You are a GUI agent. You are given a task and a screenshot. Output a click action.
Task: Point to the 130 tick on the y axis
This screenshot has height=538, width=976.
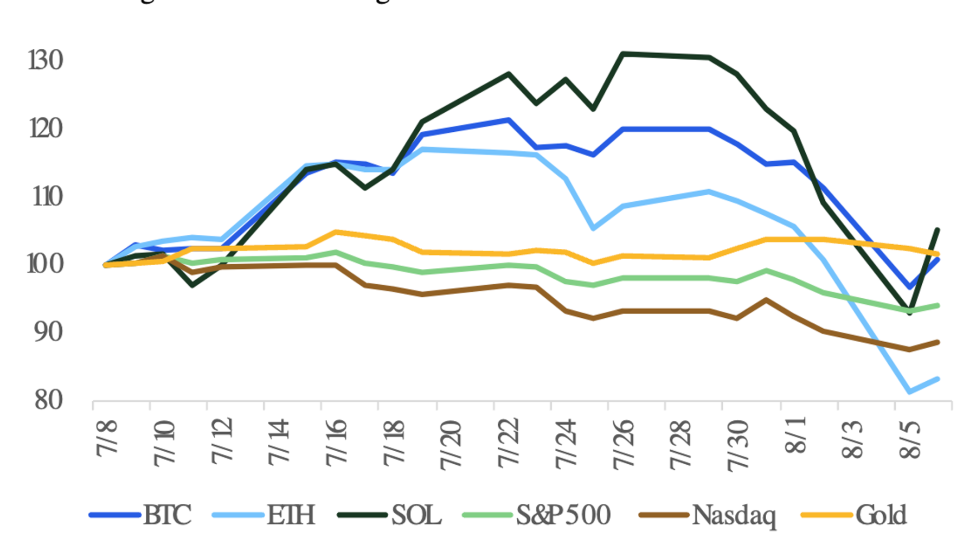[x=46, y=60]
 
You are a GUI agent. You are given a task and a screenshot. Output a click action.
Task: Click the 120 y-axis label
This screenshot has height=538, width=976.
[x=46, y=129]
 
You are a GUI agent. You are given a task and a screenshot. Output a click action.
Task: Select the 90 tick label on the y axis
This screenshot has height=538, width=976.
[x=48, y=332]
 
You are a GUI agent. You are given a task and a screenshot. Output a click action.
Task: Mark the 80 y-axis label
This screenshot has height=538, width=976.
[x=48, y=400]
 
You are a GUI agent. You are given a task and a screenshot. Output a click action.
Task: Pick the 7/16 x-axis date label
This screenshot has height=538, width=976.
[x=336, y=442]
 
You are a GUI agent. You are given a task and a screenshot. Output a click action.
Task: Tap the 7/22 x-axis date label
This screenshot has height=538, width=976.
[x=508, y=442]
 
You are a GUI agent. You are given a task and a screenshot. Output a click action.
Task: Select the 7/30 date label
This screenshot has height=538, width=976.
[x=737, y=445]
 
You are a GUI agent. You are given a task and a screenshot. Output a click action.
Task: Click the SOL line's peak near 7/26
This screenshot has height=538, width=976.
[x=623, y=54]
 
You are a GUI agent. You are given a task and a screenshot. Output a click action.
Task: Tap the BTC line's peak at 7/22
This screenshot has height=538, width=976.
[x=508, y=120]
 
